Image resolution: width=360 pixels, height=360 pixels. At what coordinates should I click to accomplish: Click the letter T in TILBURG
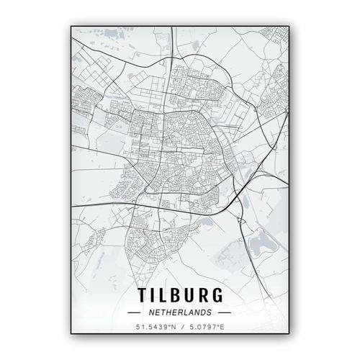141,296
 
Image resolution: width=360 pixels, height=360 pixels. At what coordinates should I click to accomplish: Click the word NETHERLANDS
180,312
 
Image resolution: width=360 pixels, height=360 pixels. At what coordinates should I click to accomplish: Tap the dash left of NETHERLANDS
135,312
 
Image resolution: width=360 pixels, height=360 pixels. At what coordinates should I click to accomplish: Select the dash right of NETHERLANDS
225,312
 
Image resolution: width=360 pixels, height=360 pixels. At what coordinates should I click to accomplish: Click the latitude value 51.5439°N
154,328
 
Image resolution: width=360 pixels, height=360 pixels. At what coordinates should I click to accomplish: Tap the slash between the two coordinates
180,328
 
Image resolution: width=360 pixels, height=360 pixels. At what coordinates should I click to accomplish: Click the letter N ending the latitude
171,328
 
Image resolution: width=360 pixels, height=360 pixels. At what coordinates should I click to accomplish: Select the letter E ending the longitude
222,328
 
